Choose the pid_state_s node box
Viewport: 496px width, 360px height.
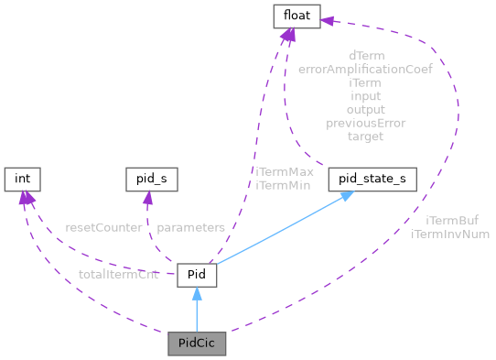[x=372, y=180]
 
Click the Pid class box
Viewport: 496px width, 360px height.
[x=196, y=274]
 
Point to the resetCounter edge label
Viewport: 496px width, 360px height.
[x=103, y=226]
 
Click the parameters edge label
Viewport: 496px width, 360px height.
[x=189, y=226]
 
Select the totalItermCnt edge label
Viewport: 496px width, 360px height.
[x=118, y=274]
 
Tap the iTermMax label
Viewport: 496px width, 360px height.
[x=285, y=172]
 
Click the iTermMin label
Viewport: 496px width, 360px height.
[x=285, y=185]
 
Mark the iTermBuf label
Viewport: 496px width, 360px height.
[x=451, y=221]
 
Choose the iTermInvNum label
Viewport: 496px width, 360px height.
[x=451, y=235]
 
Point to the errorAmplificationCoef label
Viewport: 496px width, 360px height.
[x=365, y=68]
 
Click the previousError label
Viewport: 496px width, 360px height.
[x=365, y=123]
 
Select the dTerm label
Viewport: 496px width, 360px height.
[x=365, y=54]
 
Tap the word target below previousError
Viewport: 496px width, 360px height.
[x=365, y=136]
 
